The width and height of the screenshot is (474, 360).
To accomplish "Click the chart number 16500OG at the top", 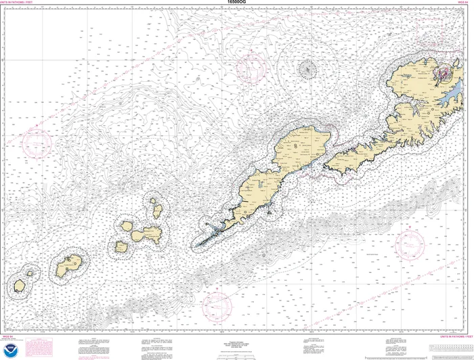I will click(x=237, y=3).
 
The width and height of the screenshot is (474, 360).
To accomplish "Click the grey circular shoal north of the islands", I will click(x=308, y=68).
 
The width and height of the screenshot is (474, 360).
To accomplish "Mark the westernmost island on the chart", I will click(x=20, y=286).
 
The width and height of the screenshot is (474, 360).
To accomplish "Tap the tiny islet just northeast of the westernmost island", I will click(x=29, y=273).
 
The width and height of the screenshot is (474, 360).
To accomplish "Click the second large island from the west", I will click(x=68, y=265).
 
